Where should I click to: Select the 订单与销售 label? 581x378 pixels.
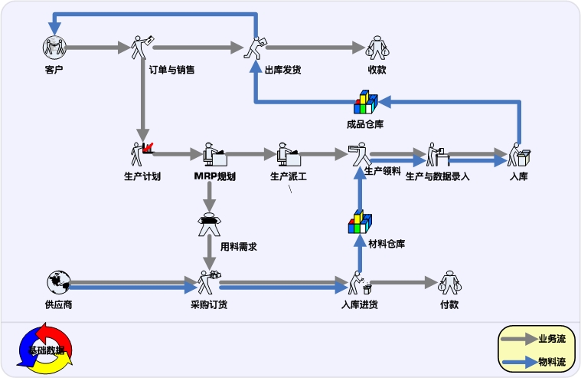171,70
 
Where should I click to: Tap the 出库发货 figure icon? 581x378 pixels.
255,48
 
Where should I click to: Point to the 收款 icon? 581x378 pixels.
377,48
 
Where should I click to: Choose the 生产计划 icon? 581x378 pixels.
142,153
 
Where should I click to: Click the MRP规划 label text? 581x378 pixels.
214,176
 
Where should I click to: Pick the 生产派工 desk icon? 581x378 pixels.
288,154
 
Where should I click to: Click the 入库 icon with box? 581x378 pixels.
520,156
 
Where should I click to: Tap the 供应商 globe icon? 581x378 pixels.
57,283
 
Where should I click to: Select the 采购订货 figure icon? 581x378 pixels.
207,283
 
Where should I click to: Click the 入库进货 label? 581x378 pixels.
359,305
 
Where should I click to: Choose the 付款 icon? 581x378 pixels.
449,283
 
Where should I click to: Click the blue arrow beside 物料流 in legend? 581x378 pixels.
520,361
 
